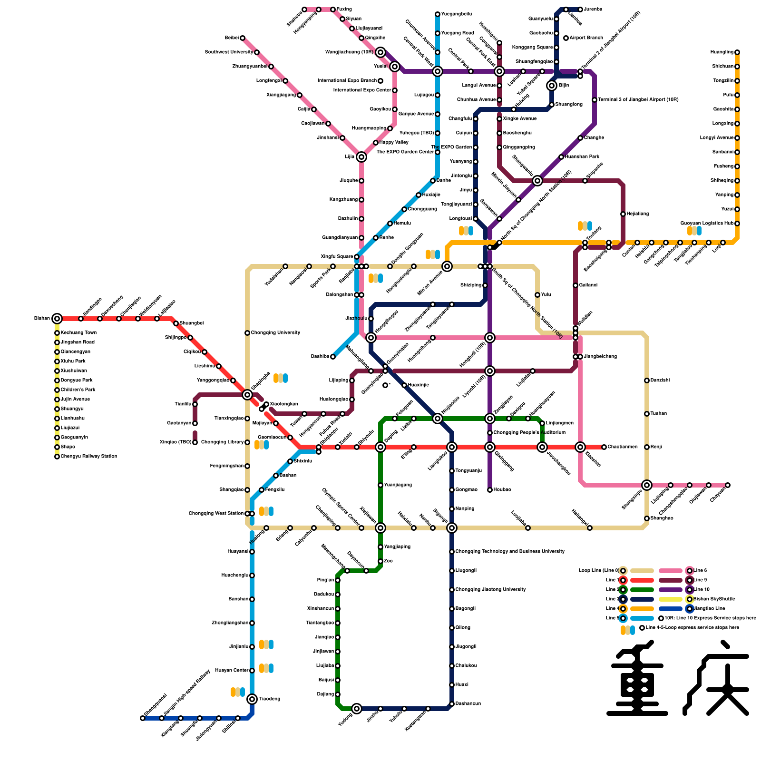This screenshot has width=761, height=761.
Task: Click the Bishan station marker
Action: tap(57, 319)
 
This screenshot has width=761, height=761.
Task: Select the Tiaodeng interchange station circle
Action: tap(252, 699)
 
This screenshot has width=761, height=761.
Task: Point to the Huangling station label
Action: tap(722, 52)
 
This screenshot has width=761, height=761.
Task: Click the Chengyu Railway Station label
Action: tap(88, 457)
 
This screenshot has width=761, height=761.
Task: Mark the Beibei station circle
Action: tap(243, 38)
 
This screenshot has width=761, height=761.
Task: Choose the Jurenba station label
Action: tap(593, 10)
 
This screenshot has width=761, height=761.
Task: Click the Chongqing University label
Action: tap(275, 333)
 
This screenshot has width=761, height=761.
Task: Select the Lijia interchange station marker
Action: tap(361, 157)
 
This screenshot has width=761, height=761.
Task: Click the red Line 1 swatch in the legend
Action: tap(642, 580)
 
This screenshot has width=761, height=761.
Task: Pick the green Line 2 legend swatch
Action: tap(642, 590)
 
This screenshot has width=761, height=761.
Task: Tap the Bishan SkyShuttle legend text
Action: tap(714, 599)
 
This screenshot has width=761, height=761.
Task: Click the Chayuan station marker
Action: tap(728, 485)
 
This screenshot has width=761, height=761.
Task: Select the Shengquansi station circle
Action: tap(143, 718)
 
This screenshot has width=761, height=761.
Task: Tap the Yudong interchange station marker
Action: tap(357, 709)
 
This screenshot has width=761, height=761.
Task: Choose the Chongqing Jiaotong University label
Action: tap(490, 590)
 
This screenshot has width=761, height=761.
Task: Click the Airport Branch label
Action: tap(586, 38)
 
